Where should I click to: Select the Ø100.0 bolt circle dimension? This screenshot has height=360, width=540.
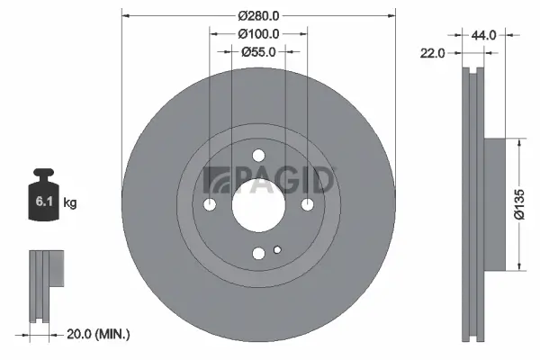click(x=258, y=33)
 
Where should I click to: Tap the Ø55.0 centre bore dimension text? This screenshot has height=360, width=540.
click(x=258, y=52)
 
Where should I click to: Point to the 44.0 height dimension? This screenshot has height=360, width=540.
click(x=484, y=35)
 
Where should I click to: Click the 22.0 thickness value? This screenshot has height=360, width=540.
click(x=434, y=53)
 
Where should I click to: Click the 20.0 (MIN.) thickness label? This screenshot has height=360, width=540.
click(x=100, y=334)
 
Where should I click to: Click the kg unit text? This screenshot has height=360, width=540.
click(x=70, y=203)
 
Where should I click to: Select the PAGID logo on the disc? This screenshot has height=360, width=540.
click(x=269, y=181)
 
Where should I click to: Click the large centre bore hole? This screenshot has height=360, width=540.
click(x=258, y=203)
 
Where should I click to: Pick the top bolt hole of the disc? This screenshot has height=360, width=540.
click(x=258, y=155)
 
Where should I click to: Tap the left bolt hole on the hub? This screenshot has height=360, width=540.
click(x=210, y=204)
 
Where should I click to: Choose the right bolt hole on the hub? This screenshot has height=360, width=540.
click(x=307, y=204)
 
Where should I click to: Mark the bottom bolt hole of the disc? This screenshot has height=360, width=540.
click(x=258, y=253)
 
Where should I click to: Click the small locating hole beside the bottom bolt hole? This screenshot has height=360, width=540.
click(x=277, y=249)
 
